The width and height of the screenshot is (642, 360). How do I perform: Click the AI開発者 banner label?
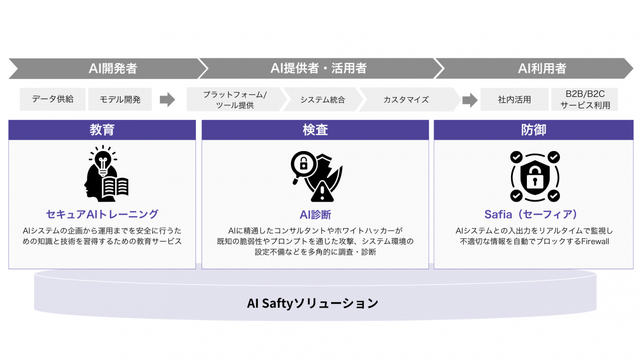tap(113, 68)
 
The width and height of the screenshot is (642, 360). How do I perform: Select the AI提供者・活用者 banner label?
tap(319, 68)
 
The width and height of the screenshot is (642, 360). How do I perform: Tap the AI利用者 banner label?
tap(542, 68)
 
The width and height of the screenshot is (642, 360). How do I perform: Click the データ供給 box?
tap(52, 99)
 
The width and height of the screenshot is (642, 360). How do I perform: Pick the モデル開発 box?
tap(120, 99)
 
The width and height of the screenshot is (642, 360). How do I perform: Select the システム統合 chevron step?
tap(323, 99)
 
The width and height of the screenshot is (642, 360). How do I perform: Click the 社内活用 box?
tap(515, 99)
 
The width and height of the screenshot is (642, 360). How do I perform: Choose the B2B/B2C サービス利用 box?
tap(585, 99)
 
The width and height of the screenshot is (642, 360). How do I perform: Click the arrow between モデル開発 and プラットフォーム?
tap(167, 100)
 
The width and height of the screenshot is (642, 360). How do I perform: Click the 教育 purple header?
tap(102, 130)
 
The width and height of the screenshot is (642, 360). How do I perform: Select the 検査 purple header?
tap(315, 130)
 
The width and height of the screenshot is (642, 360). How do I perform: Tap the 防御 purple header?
tap(533, 130)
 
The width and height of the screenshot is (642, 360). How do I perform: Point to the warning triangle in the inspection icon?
tap(322, 192)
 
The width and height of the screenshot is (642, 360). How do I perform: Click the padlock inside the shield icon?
tap(535, 178)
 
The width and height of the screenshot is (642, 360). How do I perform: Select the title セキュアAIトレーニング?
tap(102, 214)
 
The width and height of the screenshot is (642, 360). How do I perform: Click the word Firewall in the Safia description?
tap(595, 241)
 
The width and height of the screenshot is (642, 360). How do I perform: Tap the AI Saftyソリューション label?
tap(313, 303)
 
